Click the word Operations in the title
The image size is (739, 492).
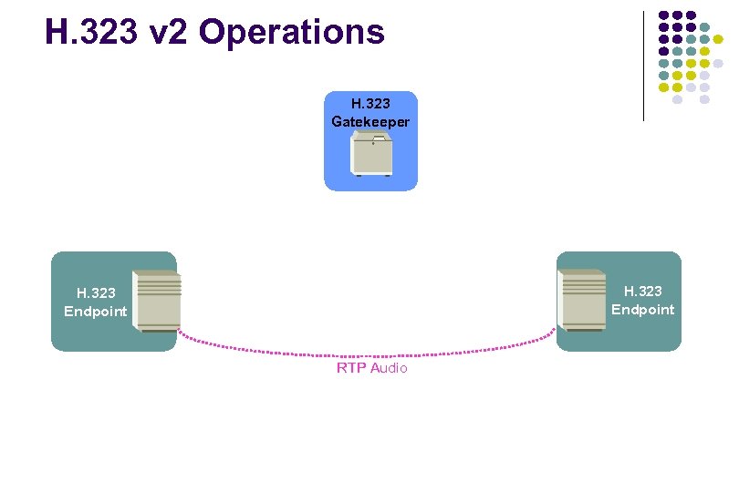(x=292, y=33)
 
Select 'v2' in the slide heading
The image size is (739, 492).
(x=167, y=33)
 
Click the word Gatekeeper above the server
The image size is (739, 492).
(x=370, y=121)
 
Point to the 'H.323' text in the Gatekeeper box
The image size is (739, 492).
(x=370, y=104)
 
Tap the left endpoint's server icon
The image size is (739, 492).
(x=156, y=301)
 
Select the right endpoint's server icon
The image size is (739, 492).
(x=585, y=301)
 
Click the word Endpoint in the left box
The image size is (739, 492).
(x=96, y=311)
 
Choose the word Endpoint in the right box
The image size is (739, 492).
(x=642, y=309)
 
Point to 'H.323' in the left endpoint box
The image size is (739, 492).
(x=96, y=292)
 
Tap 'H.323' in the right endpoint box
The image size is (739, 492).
(x=642, y=291)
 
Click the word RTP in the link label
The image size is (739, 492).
(x=351, y=368)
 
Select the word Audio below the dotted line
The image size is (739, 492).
(x=389, y=368)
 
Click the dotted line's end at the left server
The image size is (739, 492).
(x=179, y=330)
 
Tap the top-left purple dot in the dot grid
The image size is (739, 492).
(x=663, y=15)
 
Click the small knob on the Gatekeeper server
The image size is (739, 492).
(x=373, y=144)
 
